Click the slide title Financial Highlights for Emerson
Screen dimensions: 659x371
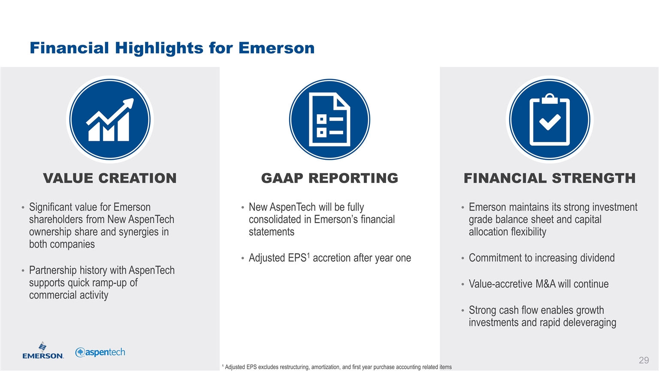pyautogui.click(x=172, y=48)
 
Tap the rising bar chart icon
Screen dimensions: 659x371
pyautogui.click(x=110, y=119)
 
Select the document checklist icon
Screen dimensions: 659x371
pyautogui.click(x=329, y=119)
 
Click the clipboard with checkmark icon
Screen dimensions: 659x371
pyautogui.click(x=550, y=119)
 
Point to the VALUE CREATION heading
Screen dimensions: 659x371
pyautogui.click(x=110, y=178)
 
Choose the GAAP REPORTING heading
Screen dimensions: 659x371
pyautogui.click(x=329, y=178)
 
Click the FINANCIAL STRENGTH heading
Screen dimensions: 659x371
pyautogui.click(x=550, y=178)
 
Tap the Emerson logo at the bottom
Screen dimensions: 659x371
pyautogui.click(x=43, y=350)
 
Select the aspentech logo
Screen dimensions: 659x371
pyautogui.click(x=100, y=352)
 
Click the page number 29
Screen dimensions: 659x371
pyautogui.click(x=644, y=360)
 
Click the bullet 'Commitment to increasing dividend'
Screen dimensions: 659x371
pyautogui.click(x=541, y=258)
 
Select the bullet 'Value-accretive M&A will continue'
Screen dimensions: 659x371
pyautogui.click(x=538, y=284)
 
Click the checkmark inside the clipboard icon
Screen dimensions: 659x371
pyautogui.click(x=550, y=122)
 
